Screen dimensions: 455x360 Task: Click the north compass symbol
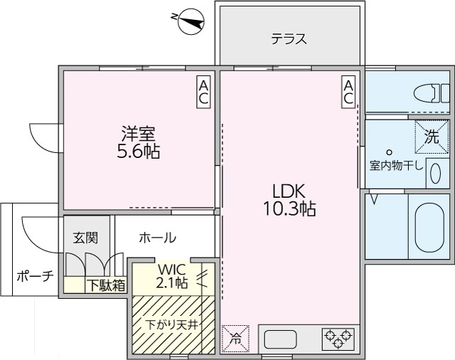pos(191,23)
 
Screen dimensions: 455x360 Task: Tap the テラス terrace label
pos(289,39)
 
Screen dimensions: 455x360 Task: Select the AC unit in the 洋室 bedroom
pos(203,92)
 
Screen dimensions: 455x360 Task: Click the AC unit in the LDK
pos(348,92)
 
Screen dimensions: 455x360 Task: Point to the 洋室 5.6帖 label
pos(139,142)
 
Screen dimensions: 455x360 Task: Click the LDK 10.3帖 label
pos(289,200)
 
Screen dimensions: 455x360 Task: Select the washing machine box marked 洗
pos(432,137)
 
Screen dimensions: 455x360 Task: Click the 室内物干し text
pos(397,166)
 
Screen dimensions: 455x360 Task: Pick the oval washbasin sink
pos(435,174)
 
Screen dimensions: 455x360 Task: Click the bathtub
pos(429,228)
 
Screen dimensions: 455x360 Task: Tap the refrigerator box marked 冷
pos(235,339)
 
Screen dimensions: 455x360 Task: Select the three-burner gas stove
pos(338,338)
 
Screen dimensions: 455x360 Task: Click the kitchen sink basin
pos(280,339)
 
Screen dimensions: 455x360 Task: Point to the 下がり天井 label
pos(171,324)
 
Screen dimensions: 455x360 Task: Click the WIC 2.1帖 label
pos(171,277)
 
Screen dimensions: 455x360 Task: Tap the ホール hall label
pos(158,238)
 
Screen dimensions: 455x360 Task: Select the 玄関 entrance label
pos(85,238)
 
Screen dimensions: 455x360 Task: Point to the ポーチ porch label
pos(35,275)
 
